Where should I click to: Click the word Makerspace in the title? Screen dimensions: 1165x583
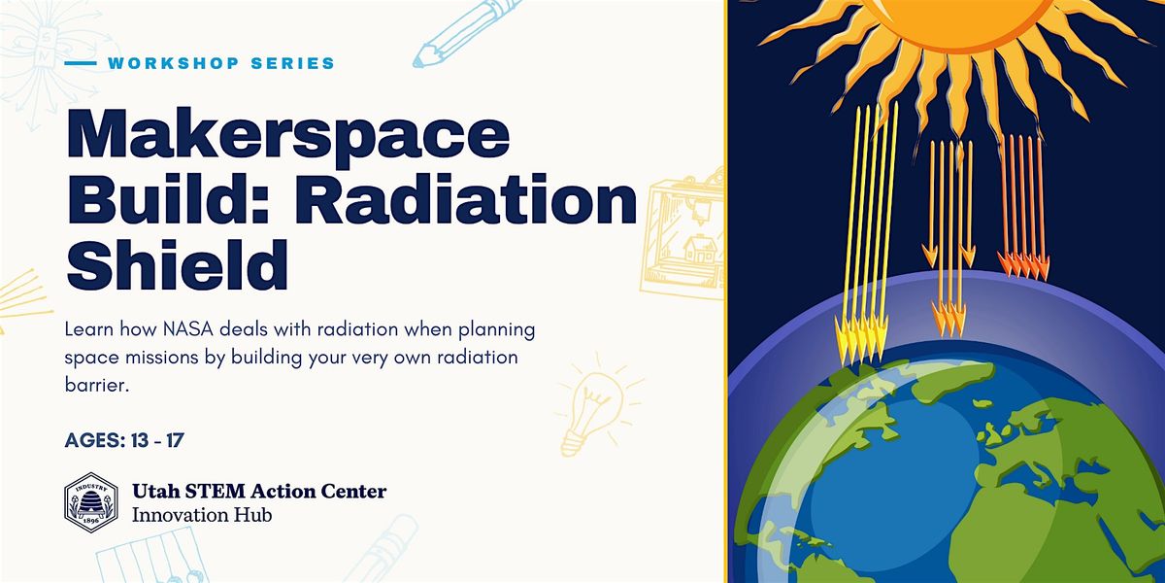(288, 136)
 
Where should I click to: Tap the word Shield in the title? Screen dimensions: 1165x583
(178, 265)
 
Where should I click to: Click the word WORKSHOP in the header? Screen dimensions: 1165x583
(173, 63)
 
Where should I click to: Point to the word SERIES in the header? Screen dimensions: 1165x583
(293, 63)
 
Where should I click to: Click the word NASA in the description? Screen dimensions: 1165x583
(187, 329)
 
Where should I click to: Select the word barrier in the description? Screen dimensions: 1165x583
(96, 385)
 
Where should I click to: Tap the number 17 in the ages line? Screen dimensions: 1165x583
(175, 440)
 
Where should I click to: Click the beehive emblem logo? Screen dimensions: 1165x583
(91, 501)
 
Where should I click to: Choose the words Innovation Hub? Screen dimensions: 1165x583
(202, 515)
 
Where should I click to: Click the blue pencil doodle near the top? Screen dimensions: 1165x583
(464, 35)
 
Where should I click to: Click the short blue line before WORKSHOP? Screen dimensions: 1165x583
(81, 63)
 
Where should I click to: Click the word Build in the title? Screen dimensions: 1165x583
(179, 201)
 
